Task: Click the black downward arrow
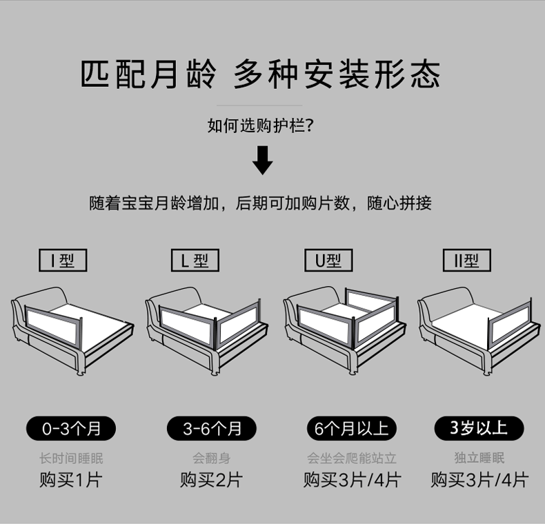coord(262,160)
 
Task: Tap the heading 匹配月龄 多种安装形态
coord(261,75)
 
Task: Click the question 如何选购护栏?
coord(261,125)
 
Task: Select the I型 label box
coord(63,261)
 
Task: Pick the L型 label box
coord(195,261)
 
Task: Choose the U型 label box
coord(328,261)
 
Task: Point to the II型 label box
coord(466,261)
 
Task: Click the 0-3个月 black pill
coord(71,428)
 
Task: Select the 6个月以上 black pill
coord(352,428)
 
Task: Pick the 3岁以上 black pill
coord(479,428)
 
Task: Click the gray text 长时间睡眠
coord(71,458)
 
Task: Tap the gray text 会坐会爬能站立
coord(352,458)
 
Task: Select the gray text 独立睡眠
coord(479,458)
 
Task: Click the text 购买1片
coord(71,480)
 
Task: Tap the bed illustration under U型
coord(345,328)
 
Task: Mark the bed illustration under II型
coord(479,328)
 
